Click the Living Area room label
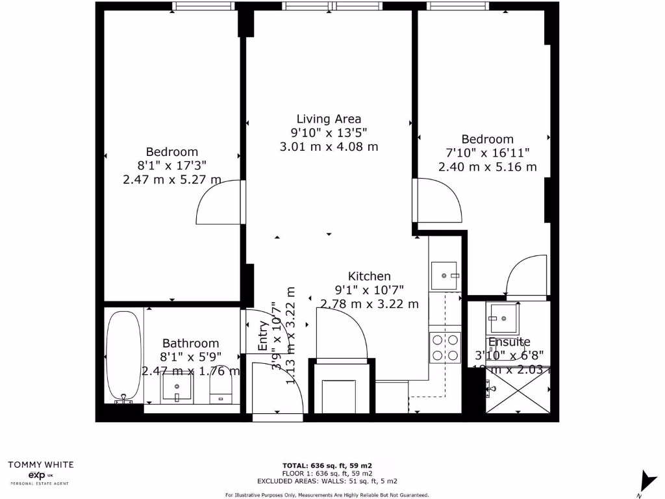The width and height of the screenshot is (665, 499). pyautogui.click(x=329, y=119)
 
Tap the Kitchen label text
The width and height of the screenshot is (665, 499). pyautogui.click(x=369, y=276)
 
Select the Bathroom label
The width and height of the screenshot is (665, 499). pyautogui.click(x=190, y=343)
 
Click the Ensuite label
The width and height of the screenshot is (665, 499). pyautogui.click(x=509, y=342)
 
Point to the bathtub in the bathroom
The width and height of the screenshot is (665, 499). pyautogui.click(x=123, y=356)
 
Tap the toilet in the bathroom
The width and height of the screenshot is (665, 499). pyautogui.click(x=221, y=390)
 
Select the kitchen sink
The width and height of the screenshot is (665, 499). pyautogui.click(x=445, y=275)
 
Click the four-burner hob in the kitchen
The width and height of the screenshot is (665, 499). pyautogui.click(x=445, y=347)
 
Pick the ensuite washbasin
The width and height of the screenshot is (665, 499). pyautogui.click(x=503, y=318)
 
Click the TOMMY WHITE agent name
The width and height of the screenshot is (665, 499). pyautogui.click(x=40, y=465)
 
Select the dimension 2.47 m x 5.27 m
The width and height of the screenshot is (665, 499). pyautogui.click(x=171, y=179)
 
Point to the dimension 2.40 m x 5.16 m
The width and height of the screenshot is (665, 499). pyautogui.click(x=487, y=166)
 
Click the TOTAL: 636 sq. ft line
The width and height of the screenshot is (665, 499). pyautogui.click(x=327, y=465)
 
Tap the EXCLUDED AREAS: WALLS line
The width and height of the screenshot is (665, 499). pyautogui.click(x=327, y=481)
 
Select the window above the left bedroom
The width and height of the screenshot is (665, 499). pyautogui.click(x=203, y=6)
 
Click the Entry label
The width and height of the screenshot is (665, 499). pyautogui.click(x=263, y=337)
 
